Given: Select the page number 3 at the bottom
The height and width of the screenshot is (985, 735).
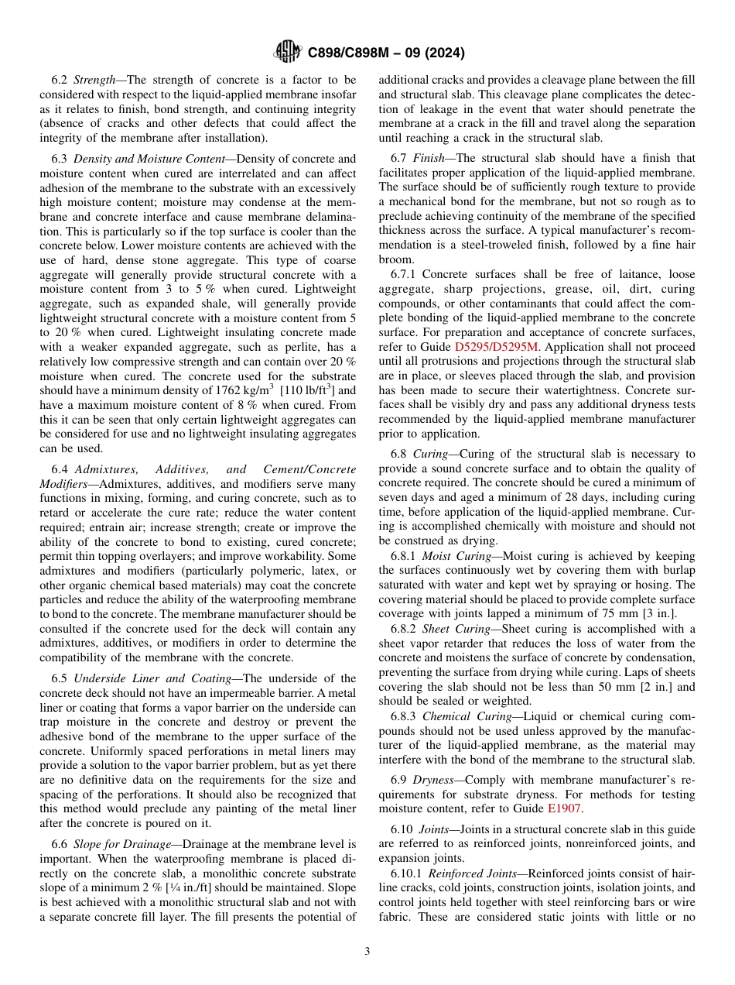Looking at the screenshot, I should (367, 951).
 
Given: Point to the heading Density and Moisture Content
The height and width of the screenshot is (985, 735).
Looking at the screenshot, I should (147, 158).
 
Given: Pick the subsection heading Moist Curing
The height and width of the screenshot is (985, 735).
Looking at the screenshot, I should (457, 556).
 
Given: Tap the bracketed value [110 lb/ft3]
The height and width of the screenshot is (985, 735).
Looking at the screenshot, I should (306, 391).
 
